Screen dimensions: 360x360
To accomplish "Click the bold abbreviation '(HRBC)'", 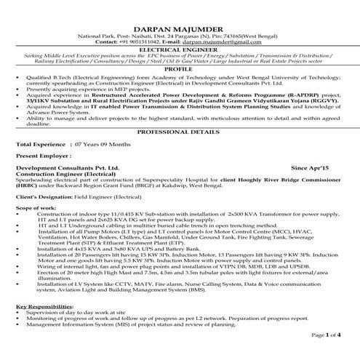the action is [27, 186].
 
